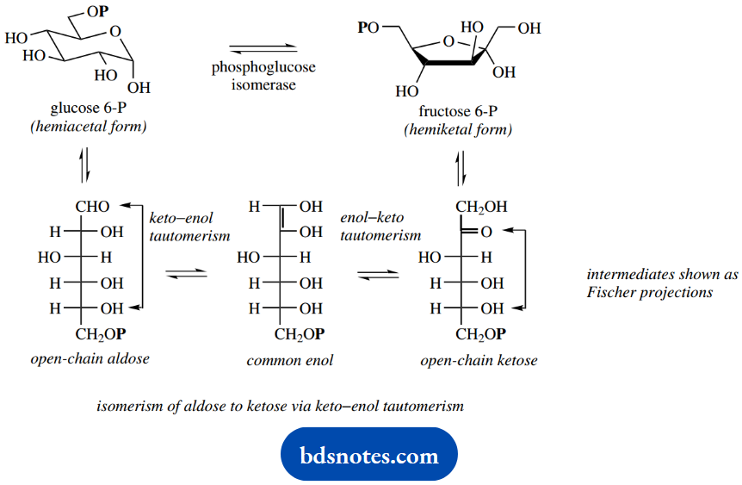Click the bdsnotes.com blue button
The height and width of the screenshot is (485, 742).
pos(369,454)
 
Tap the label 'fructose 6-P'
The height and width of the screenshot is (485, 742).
pos(457,112)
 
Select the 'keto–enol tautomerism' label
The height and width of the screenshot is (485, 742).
pos(189,227)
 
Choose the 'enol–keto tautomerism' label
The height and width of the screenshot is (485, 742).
pos(380,227)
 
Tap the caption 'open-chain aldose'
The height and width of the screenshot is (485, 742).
pos(90,358)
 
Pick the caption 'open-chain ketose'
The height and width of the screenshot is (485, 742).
pos(479,360)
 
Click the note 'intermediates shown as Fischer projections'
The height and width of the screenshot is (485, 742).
pos(650,283)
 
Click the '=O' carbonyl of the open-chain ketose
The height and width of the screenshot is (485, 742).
pos(481,232)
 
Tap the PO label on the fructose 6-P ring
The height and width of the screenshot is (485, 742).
pos(368,28)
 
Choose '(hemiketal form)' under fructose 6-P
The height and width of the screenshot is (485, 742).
pos(457,130)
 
